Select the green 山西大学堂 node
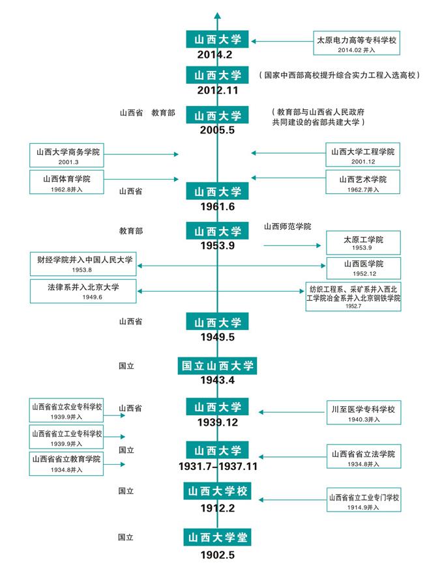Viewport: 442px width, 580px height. (x=217, y=538)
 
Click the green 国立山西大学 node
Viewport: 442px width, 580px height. (x=217, y=366)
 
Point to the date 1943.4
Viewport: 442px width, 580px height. (x=217, y=380)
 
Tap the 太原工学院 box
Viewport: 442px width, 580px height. (x=363, y=243)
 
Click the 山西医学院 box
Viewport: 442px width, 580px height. (x=363, y=267)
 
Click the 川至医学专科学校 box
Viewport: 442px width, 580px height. (x=363, y=413)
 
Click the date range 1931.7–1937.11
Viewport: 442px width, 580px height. (x=217, y=467)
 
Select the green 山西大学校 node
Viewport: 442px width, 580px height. (x=217, y=490)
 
